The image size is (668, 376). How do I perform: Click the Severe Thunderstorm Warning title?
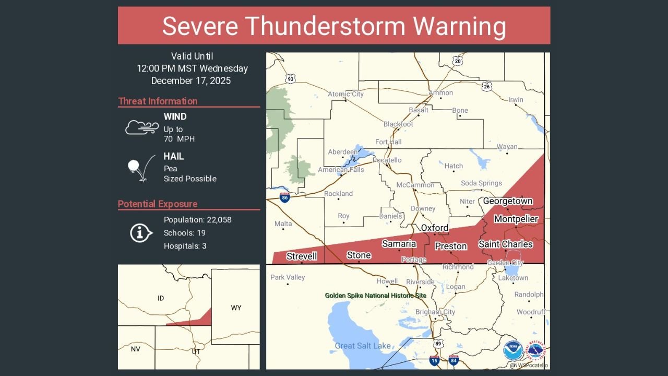334,26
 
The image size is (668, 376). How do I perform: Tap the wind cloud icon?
141,127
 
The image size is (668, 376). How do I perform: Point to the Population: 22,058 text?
197,220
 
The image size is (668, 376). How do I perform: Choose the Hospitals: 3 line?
185,246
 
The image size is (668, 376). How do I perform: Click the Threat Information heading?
158,101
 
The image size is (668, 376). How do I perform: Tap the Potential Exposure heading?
158,204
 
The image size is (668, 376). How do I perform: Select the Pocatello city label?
387,160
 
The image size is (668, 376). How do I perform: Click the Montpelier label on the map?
516,219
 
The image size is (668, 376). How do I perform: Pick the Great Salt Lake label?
362,346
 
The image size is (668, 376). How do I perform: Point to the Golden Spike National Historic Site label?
375,296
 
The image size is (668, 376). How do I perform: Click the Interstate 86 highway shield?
284,197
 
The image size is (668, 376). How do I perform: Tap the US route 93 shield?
290,78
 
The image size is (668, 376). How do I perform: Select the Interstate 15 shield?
434,360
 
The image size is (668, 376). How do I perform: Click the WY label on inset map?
236,308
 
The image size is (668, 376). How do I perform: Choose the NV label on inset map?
135,349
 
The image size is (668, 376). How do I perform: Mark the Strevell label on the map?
302,256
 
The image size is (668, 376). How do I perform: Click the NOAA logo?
512,350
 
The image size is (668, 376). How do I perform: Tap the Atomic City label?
345,94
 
